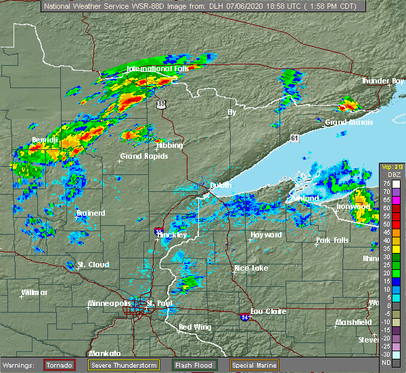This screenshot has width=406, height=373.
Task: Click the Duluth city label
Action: tap(221, 185)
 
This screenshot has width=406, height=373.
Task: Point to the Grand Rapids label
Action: tap(144, 156)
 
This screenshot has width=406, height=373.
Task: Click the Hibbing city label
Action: tap(169, 146)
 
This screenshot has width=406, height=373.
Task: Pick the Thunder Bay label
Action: tap(383, 81)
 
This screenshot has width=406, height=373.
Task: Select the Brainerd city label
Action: tap(91, 213)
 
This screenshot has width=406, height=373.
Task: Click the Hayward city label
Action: tap(266, 235)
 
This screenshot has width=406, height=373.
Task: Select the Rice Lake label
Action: tap(251, 268)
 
